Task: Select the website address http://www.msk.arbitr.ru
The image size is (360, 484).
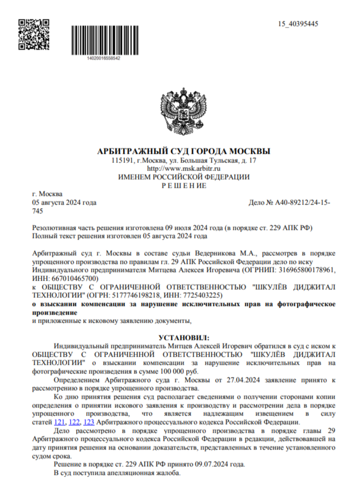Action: point(183,169)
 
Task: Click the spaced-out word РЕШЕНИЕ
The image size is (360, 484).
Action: point(184,186)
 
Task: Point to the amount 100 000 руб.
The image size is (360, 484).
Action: point(181,372)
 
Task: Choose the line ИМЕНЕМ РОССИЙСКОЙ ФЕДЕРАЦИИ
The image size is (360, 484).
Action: point(184,177)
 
